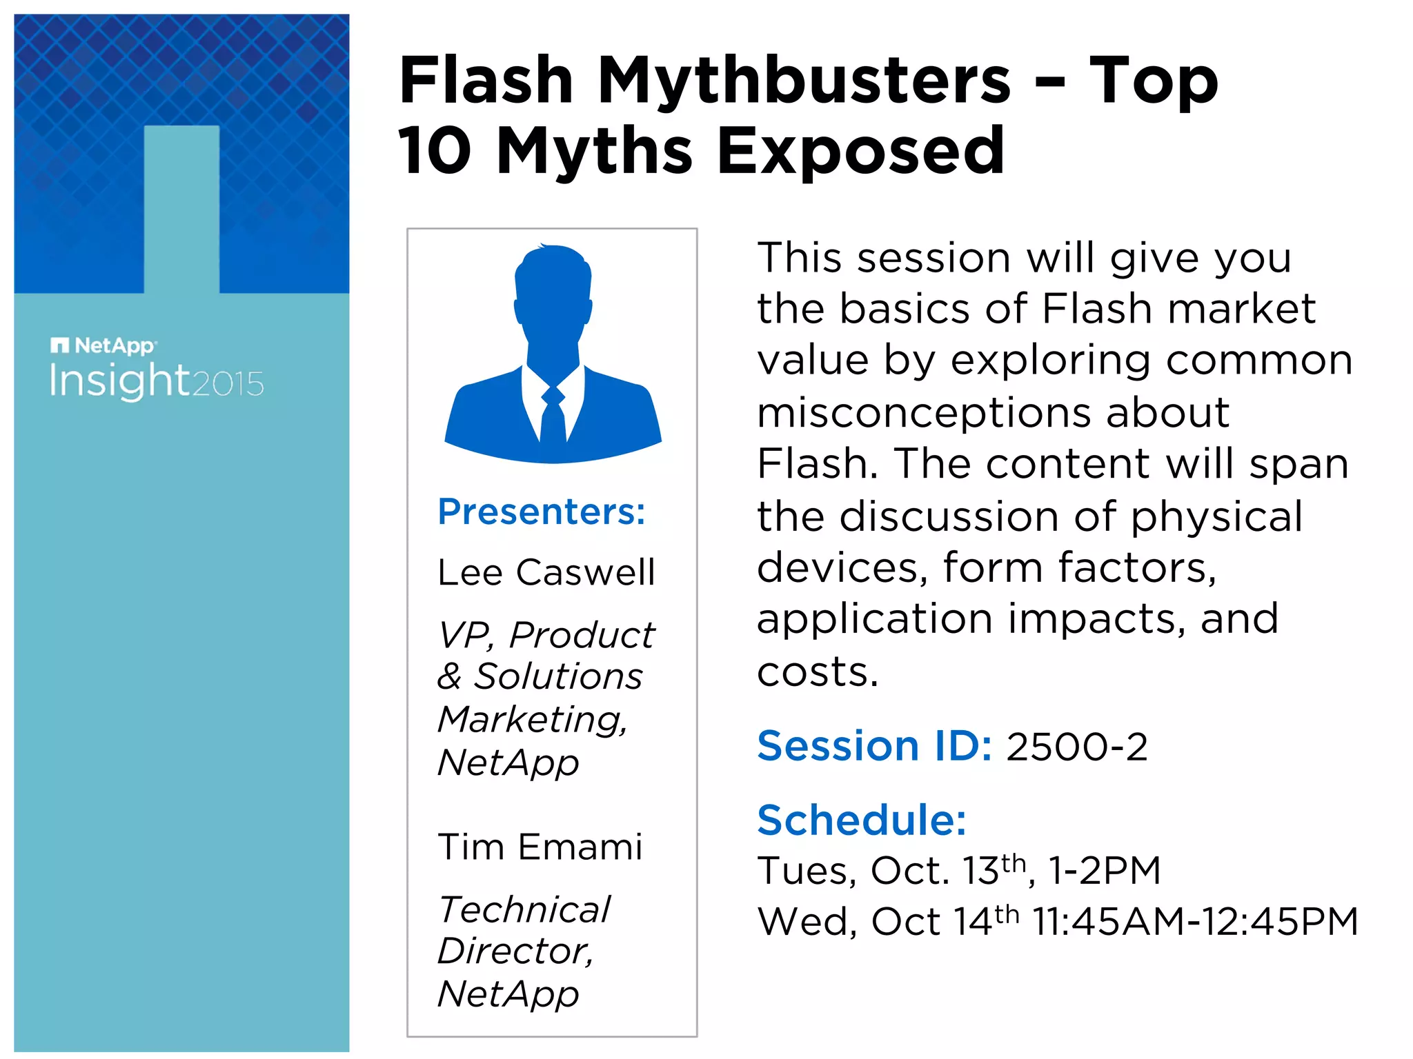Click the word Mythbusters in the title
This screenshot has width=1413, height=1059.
[804, 81]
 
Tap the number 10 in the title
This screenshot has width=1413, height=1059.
[435, 151]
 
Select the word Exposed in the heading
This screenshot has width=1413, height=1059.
[860, 151]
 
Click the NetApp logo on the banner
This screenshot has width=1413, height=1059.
[103, 345]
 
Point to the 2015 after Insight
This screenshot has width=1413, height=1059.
[228, 384]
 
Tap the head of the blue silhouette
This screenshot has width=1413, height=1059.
[553, 290]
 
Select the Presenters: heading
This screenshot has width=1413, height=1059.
[542, 512]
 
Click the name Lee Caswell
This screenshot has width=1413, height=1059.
[546, 572]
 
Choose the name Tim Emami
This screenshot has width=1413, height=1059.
[540, 847]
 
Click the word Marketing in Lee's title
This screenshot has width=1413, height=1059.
[532, 720]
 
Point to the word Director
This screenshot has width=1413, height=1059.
[515, 951]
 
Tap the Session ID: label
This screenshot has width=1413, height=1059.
[874, 746]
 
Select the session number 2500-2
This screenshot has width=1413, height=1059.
[1077, 747]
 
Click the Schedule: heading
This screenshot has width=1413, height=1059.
[862, 820]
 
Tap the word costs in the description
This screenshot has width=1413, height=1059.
[818, 672]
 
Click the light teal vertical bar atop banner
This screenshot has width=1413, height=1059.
[181, 207]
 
